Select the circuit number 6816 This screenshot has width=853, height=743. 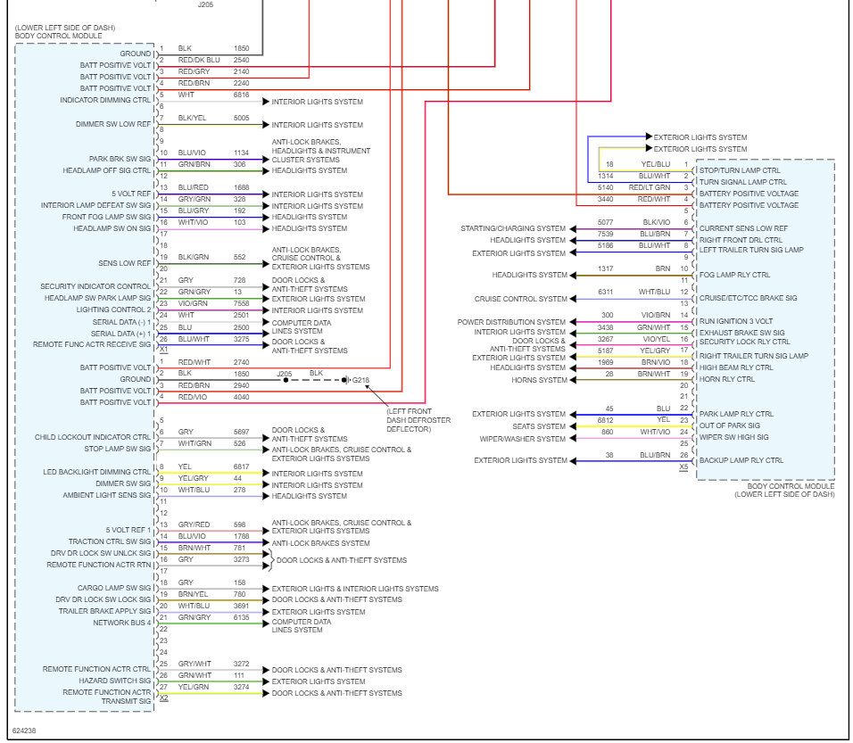(241, 95)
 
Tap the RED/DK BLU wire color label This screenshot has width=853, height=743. (198, 60)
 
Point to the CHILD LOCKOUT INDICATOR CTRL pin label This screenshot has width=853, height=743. (93, 437)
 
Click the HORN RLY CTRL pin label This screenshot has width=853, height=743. (726, 379)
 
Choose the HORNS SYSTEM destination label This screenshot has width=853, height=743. (539, 380)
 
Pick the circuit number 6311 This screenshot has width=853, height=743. (606, 292)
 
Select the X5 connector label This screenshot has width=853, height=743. (683, 466)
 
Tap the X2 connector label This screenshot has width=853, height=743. (163, 698)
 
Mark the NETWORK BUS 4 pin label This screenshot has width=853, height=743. (123, 623)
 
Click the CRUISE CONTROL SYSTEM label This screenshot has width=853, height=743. (520, 300)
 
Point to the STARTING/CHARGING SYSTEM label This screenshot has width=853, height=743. (513, 228)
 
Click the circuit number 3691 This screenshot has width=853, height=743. (241, 606)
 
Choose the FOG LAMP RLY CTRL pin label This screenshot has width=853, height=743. (734, 275)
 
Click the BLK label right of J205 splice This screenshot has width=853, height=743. (316, 373)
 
